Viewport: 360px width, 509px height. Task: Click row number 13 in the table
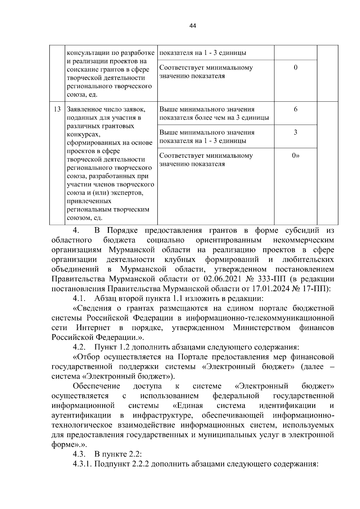(57, 109)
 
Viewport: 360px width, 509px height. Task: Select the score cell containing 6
(295, 109)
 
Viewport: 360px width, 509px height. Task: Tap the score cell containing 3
(295, 132)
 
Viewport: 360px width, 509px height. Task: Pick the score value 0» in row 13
(296, 155)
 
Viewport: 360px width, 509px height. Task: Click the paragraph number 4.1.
(79, 299)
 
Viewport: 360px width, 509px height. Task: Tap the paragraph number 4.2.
(79, 347)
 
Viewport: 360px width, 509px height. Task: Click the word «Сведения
(92, 308)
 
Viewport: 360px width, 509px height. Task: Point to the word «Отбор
(86, 357)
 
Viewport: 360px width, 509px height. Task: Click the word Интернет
(93, 328)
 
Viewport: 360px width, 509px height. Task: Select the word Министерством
(262, 328)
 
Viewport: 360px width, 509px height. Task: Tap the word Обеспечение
(96, 386)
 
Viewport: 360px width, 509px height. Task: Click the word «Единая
(188, 406)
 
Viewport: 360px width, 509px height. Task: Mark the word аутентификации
(81, 415)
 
